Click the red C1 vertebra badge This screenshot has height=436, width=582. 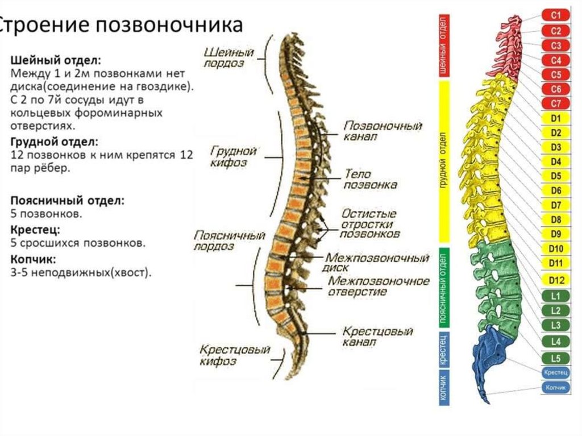click(556, 16)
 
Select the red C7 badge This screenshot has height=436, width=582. click(556, 103)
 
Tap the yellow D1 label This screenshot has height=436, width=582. click(556, 119)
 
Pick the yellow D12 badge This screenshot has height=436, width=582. click(556, 280)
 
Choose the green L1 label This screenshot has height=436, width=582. click(556, 296)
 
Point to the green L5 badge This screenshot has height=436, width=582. click(556, 358)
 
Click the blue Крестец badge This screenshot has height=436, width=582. click(555, 372)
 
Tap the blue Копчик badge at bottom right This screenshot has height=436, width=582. click(555, 387)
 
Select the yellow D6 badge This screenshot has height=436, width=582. click(556, 190)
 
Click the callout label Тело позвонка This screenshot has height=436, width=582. click(370, 179)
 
